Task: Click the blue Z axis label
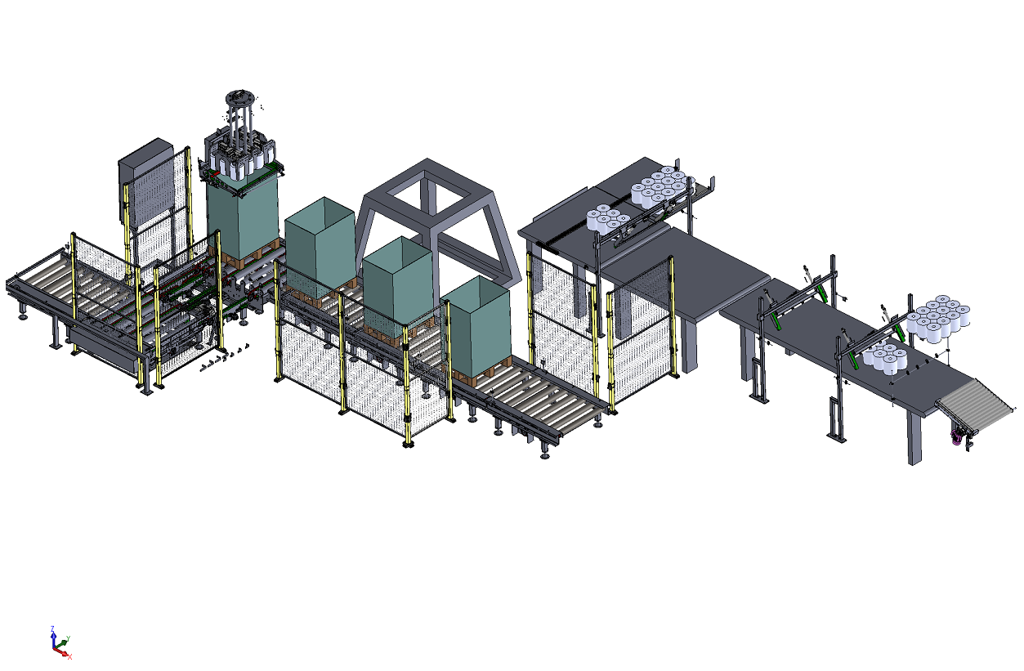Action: coord(53,628)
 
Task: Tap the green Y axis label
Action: coord(68,638)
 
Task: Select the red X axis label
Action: coord(70,657)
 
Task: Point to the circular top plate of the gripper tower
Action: coord(241,98)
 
